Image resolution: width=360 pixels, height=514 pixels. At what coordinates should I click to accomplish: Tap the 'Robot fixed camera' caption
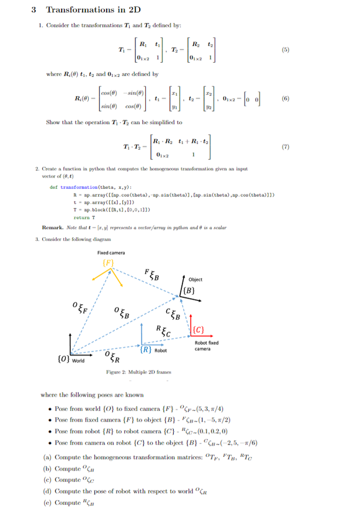coord(205,346)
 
